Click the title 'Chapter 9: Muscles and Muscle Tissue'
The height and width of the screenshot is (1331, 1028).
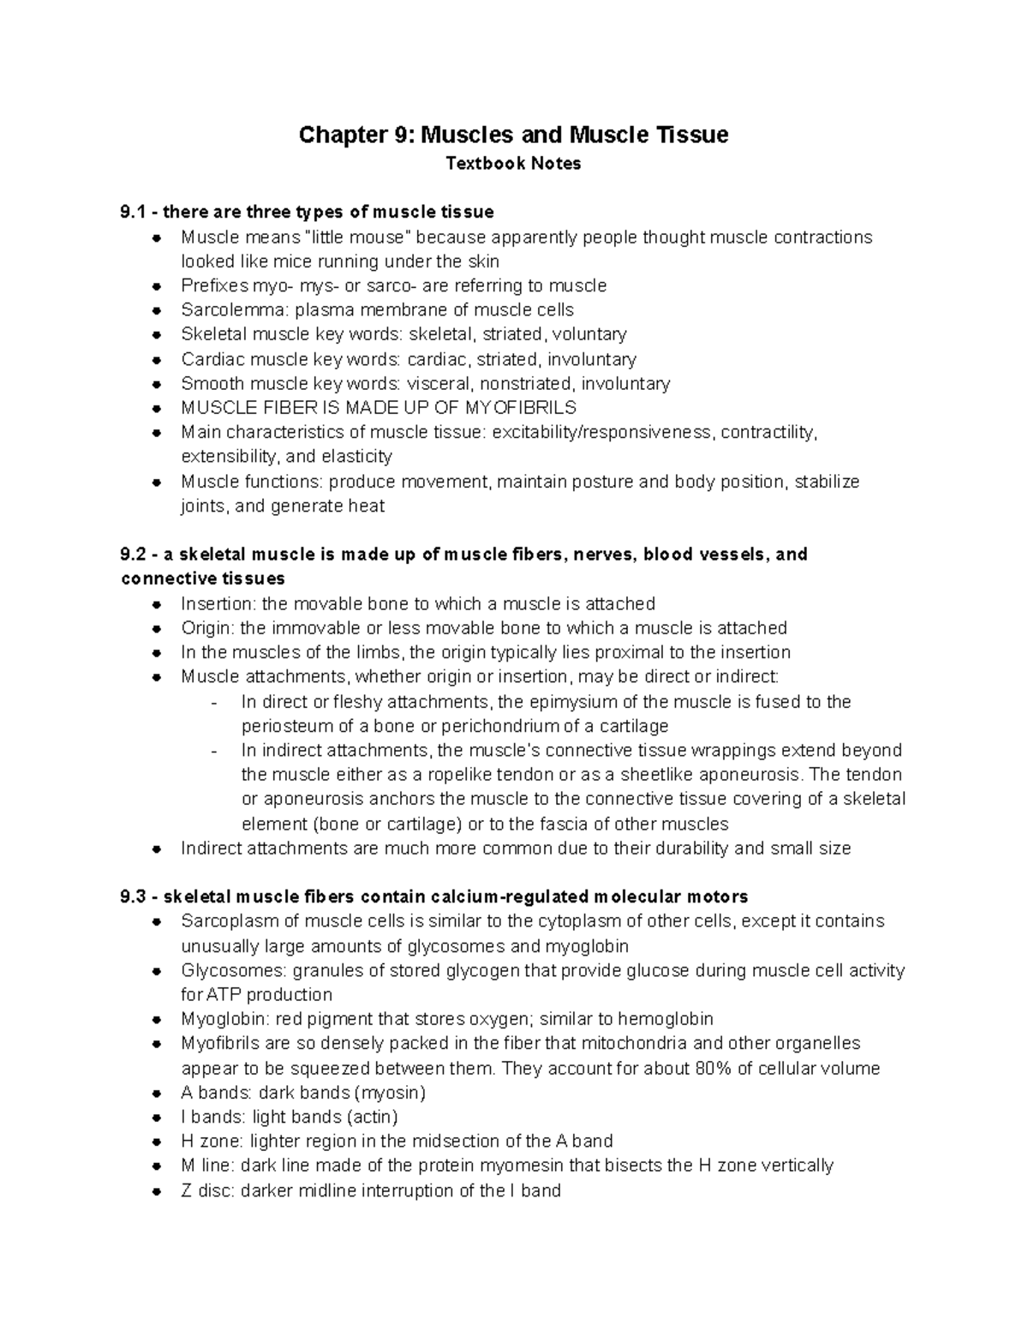pyautogui.click(x=513, y=135)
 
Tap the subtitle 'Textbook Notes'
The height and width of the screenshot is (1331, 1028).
pyautogui.click(x=513, y=164)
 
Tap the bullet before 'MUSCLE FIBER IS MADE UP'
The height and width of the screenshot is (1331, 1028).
pyautogui.click(x=156, y=408)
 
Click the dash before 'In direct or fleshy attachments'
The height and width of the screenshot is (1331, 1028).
pyautogui.click(x=213, y=703)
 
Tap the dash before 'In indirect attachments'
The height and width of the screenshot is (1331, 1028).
pyautogui.click(x=213, y=751)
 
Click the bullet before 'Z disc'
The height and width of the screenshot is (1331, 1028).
pyautogui.click(x=156, y=1191)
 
